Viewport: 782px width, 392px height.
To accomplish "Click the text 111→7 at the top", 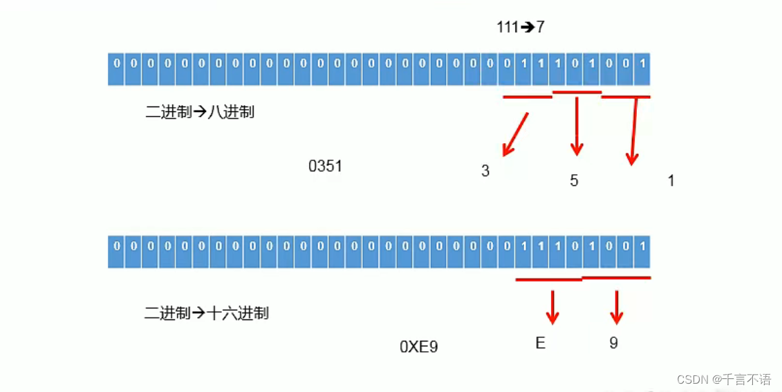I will click(x=521, y=28).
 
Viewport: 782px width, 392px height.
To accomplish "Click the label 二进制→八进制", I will click(x=200, y=112).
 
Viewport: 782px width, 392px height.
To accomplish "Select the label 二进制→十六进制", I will click(x=206, y=313).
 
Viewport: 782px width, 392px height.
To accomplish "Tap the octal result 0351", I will click(x=325, y=167).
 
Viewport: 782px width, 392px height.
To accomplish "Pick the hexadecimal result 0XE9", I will click(x=418, y=346).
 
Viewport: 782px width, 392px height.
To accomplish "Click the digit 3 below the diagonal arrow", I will click(x=485, y=171).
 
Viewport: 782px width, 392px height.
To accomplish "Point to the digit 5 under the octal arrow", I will click(x=574, y=181).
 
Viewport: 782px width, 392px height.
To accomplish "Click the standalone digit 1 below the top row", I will click(x=671, y=181).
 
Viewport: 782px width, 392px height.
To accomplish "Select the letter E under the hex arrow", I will click(x=540, y=343).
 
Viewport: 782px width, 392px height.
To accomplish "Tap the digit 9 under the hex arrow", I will click(x=613, y=343).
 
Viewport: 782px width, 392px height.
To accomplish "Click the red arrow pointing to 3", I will click(x=515, y=133).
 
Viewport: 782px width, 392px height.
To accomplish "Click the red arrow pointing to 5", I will click(x=577, y=126).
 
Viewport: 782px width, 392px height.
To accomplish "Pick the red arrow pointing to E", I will click(x=552, y=307).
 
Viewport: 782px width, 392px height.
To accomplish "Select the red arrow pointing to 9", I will click(x=615, y=307).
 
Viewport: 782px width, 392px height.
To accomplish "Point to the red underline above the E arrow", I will click(x=549, y=280).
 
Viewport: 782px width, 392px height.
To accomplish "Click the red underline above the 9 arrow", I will click(x=616, y=278).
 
